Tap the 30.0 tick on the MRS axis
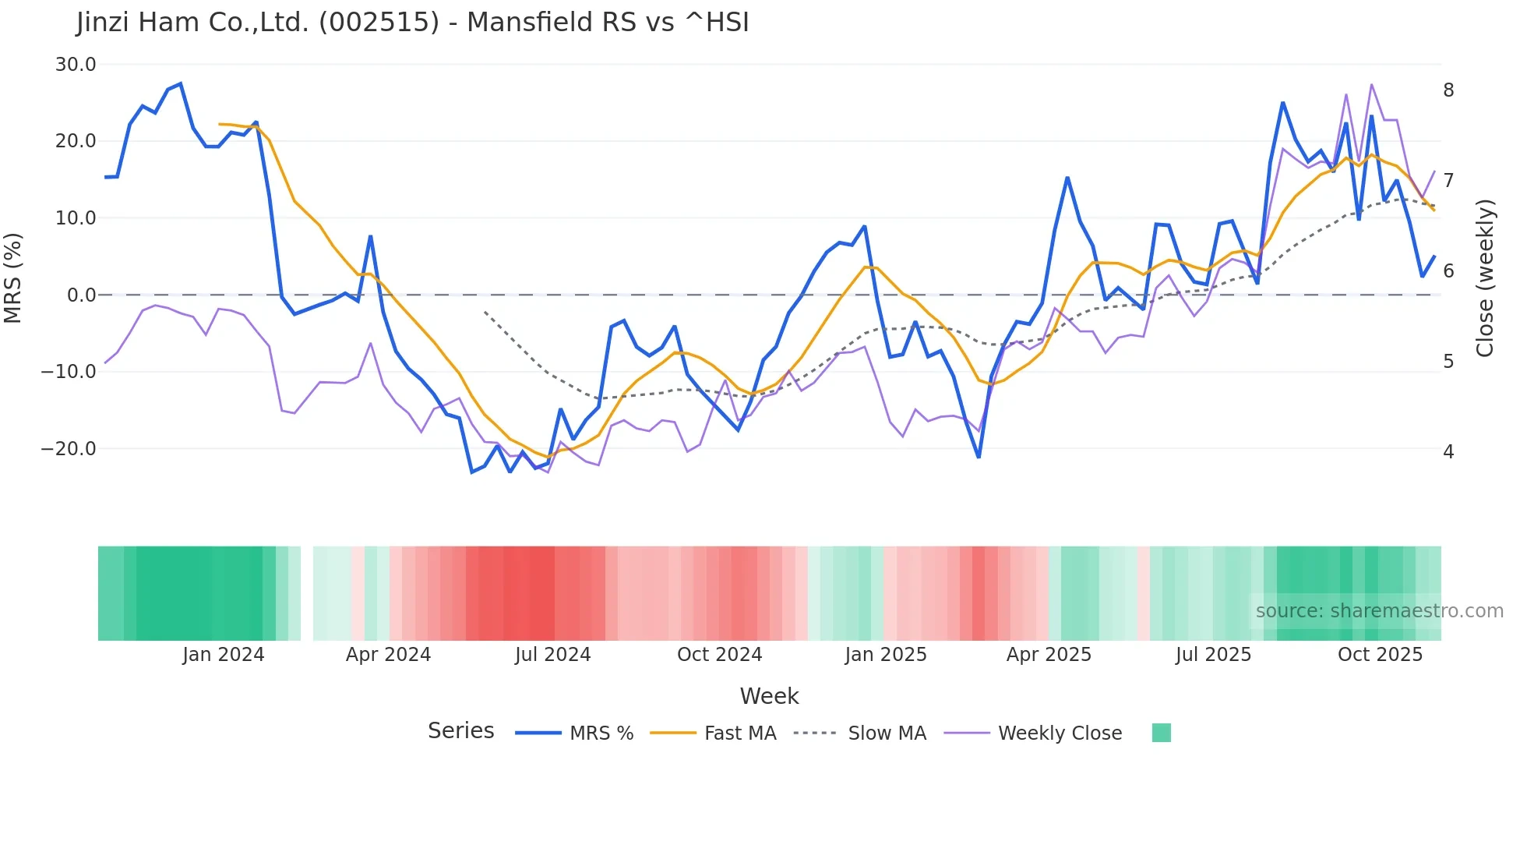click(x=76, y=65)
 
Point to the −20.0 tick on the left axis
click(x=69, y=449)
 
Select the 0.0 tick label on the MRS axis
click(x=81, y=295)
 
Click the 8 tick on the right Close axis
click(x=1448, y=90)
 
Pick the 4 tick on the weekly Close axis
click(x=1448, y=452)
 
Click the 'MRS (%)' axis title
click(x=13, y=277)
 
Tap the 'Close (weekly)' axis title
click(x=1485, y=278)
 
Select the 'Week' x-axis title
click(x=769, y=696)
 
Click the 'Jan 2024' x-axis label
click(x=224, y=655)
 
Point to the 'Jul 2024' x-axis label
click(x=553, y=655)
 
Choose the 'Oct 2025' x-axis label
click(x=1380, y=655)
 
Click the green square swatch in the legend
click(x=1161, y=733)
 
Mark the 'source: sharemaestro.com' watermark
click(x=1379, y=611)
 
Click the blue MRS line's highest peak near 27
click(x=181, y=83)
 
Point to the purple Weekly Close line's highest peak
click(x=1371, y=84)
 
